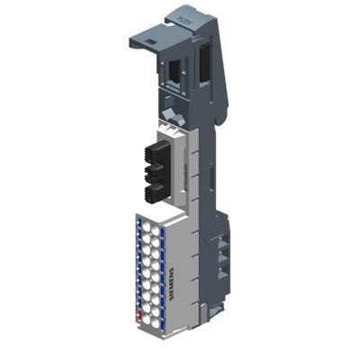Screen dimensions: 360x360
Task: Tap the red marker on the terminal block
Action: pos(138,314)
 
